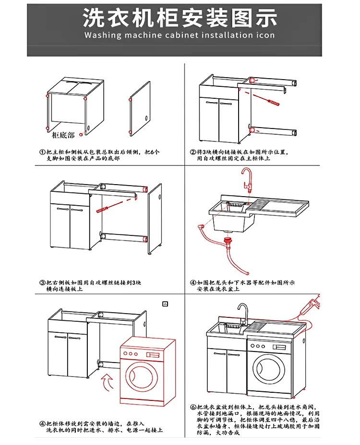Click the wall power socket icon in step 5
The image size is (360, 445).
[x=166, y=304]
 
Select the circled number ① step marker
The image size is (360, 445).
[x=42, y=152]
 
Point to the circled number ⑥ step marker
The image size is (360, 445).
[x=192, y=406]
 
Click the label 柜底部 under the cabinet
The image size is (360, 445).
[x=63, y=135]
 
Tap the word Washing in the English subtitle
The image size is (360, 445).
[x=102, y=35]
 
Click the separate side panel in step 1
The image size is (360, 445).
[x=139, y=109]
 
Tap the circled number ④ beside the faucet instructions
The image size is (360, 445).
[x=192, y=282]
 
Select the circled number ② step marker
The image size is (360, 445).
[x=192, y=152]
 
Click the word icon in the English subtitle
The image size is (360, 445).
[x=265, y=35]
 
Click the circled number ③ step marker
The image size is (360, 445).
[x=42, y=282]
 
